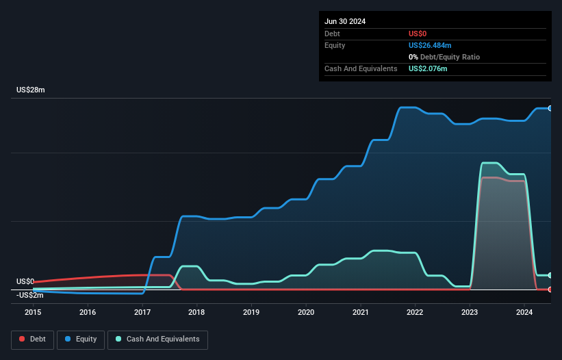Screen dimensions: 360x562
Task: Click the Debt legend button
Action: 31,339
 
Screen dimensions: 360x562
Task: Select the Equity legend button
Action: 81,339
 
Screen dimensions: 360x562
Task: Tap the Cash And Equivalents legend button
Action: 157,339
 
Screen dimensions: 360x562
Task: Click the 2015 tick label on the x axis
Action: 33,312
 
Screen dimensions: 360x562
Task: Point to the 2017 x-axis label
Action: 142,312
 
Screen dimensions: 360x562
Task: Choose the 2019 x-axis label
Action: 251,312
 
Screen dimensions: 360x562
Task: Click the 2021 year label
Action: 361,312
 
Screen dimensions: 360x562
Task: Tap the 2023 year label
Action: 470,312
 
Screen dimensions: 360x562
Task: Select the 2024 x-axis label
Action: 524,312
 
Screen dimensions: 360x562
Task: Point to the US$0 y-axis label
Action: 25,281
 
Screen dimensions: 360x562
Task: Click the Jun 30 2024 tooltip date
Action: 345,21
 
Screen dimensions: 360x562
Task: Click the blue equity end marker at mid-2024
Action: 550,108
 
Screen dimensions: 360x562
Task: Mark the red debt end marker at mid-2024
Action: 550,290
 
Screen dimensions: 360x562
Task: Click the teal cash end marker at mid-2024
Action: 550,275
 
